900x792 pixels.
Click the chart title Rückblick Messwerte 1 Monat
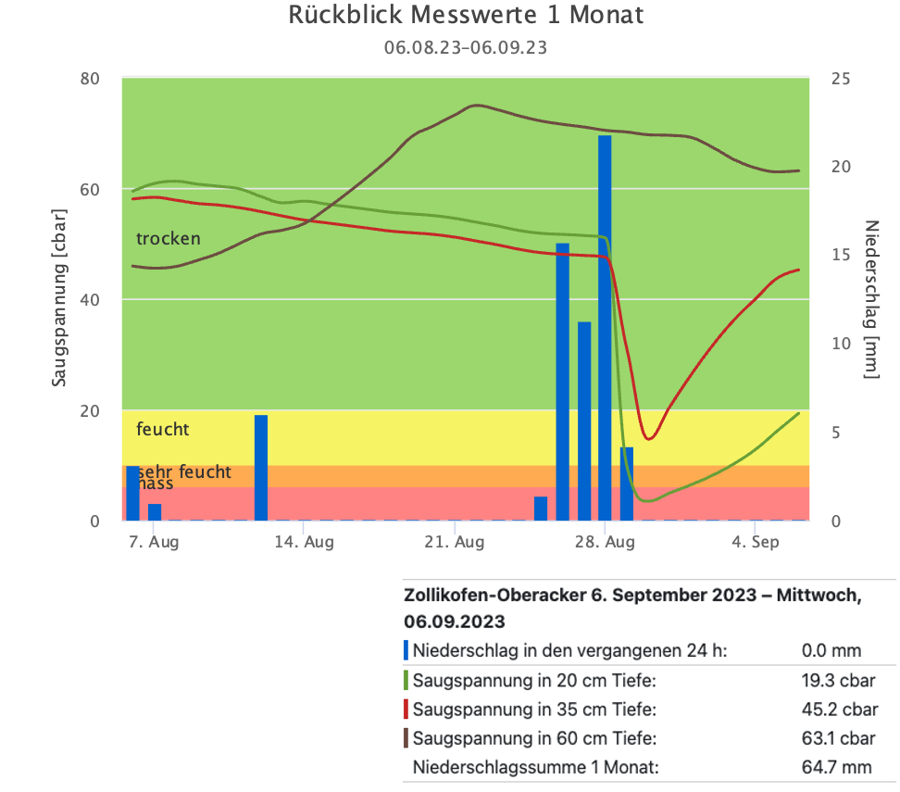(466, 16)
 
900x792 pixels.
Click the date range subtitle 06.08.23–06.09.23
(466, 47)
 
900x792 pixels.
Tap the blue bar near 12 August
(261, 468)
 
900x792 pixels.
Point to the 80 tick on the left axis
(89, 79)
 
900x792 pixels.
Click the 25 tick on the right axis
(841, 79)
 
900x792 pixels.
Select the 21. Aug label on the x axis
(455, 542)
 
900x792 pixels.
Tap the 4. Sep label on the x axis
(755, 542)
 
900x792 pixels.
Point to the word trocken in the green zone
(169, 239)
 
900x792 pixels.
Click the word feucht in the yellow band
(163, 429)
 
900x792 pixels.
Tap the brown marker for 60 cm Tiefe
(406, 738)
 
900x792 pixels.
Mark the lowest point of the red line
(648, 438)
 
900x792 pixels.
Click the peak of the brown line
(476, 106)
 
